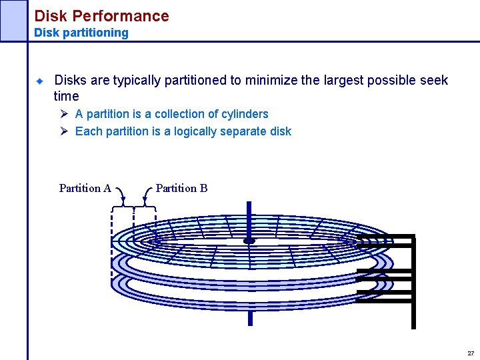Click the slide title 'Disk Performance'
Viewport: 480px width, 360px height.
point(101,15)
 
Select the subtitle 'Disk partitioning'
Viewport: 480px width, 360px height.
point(81,33)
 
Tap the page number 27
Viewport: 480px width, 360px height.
point(471,353)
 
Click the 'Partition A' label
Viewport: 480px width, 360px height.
point(85,188)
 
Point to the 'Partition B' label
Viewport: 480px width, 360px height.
point(181,188)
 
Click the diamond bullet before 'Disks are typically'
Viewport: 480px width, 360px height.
point(39,81)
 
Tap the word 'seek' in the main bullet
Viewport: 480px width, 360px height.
point(434,81)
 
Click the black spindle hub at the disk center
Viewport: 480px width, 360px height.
point(249,241)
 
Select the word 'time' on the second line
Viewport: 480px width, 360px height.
point(66,97)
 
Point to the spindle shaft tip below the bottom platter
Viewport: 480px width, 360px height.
point(250,319)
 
